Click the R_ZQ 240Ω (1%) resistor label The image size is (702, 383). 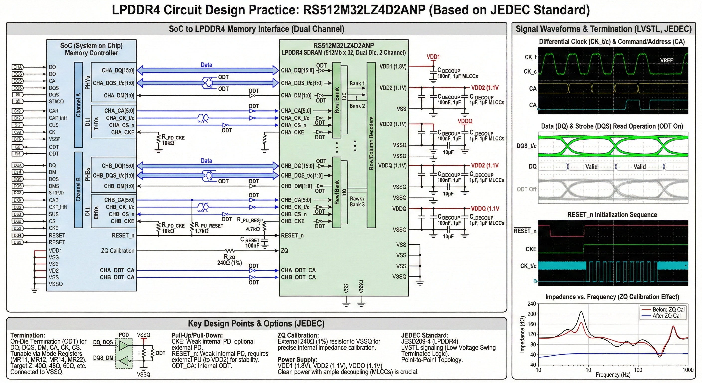coord(229,260)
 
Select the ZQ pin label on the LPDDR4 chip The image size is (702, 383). coord(284,251)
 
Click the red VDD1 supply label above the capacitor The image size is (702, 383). coord(433,57)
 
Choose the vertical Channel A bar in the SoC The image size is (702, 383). coord(78,105)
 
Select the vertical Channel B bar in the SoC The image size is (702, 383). coord(78,190)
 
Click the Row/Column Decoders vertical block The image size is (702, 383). coord(371,144)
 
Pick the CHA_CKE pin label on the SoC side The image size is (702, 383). coord(123,132)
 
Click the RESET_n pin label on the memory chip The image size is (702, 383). coord(292,236)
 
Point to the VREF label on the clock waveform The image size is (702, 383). coord(666,60)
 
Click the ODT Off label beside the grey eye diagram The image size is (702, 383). coord(526,189)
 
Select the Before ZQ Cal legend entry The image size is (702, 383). coord(668,309)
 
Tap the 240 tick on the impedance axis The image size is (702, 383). coord(531,304)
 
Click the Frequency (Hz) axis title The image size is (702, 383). coord(613,375)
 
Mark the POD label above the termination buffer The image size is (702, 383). coord(124,335)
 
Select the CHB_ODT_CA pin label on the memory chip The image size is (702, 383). coord(298,277)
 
